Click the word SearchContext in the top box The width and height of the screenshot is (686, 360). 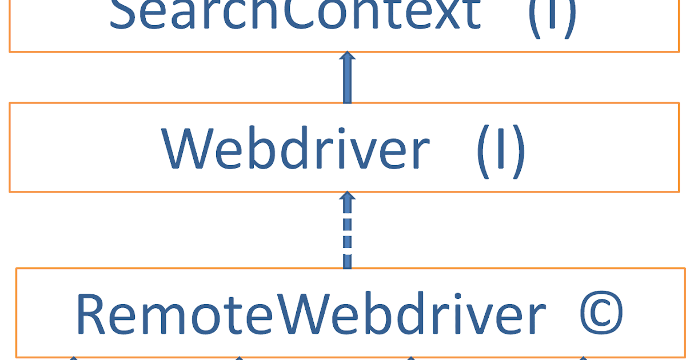coord(294,14)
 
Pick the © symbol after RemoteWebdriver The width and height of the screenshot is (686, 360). coord(595,315)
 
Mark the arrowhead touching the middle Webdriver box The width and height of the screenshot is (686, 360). coord(346,197)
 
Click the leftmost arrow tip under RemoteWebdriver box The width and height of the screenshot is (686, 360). coord(73,358)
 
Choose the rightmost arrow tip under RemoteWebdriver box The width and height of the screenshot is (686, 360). coord(583,358)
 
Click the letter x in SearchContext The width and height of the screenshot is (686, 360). coord(440,16)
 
